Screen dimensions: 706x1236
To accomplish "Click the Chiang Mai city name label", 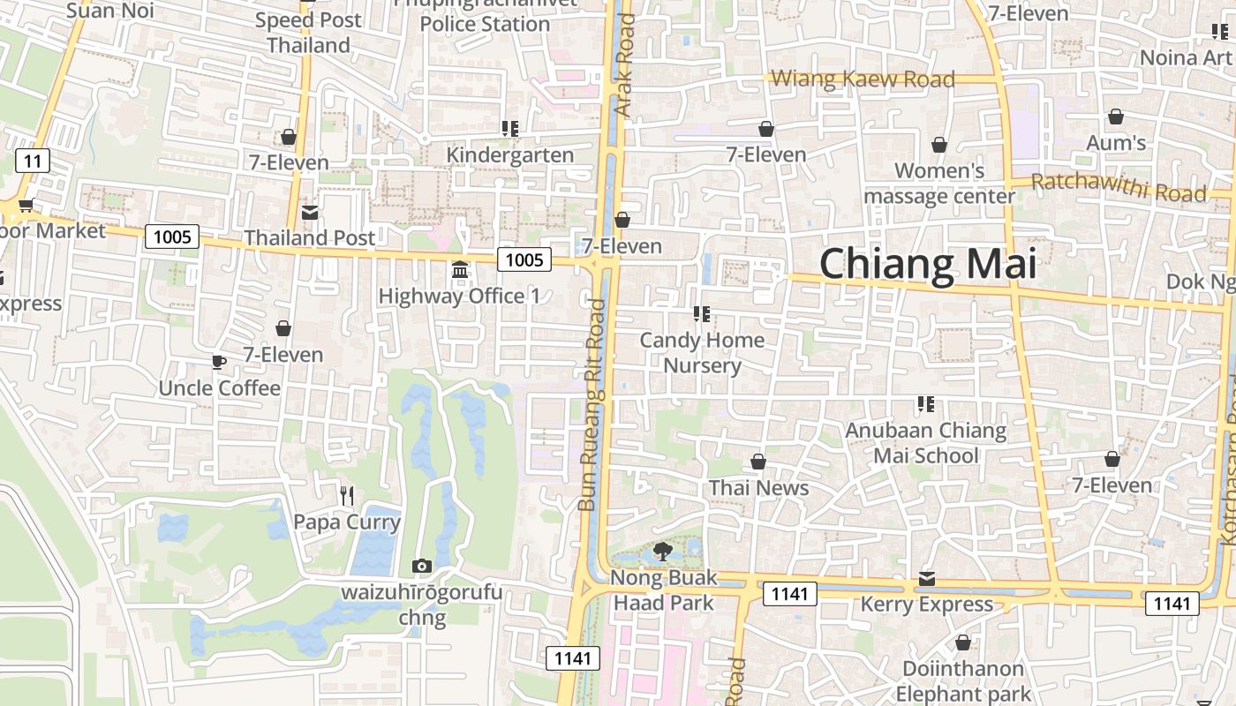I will (x=927, y=264).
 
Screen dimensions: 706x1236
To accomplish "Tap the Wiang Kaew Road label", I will (x=863, y=79).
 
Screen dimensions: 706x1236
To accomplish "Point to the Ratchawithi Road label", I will (x=1119, y=187).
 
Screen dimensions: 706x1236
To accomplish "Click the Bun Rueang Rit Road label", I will (x=592, y=406).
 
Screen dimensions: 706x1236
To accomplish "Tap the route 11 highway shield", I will (x=33, y=161).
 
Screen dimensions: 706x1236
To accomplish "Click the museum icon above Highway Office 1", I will (x=460, y=269).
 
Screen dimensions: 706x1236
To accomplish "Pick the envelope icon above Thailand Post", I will (x=310, y=213).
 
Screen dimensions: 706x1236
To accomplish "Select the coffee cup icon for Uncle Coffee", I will (x=219, y=362).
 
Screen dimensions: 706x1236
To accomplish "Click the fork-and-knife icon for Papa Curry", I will (x=347, y=495).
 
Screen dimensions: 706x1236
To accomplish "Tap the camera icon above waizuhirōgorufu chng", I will (x=422, y=566).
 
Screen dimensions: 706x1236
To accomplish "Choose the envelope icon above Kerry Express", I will (x=926, y=579).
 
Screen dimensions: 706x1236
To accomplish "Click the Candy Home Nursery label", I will (x=702, y=352).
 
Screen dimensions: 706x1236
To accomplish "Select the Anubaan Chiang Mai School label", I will (x=926, y=443).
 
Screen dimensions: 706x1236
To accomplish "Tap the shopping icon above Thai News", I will (x=757, y=462).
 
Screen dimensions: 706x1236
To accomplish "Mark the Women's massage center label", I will (x=939, y=183).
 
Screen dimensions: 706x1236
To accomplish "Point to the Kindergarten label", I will (x=510, y=155).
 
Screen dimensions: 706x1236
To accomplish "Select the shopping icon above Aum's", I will (x=1116, y=116).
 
